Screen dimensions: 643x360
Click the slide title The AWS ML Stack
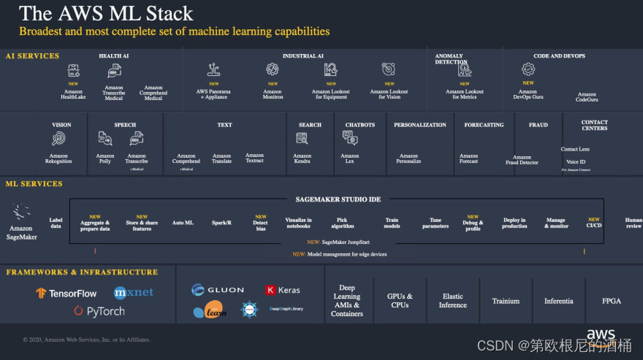pos(106,13)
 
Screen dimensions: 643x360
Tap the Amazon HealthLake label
pos(73,94)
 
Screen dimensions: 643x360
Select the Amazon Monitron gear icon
pos(273,69)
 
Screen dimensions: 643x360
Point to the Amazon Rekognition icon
pos(58,138)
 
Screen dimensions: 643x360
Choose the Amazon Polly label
pos(105,158)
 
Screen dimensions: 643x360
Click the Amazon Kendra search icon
pos(302,138)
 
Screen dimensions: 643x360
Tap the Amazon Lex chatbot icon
pos(350,138)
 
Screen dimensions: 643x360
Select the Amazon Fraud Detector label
pos(522,159)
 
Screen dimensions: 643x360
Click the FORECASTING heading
pos(484,125)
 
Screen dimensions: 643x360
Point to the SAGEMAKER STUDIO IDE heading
pos(338,199)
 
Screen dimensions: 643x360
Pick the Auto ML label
pos(183,223)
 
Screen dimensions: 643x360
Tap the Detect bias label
pos(260,226)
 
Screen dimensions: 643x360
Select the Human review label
pos(634,223)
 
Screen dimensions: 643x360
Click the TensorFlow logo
pos(66,293)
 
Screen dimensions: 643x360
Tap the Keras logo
pos(283,290)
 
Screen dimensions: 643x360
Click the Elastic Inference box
pos(453,301)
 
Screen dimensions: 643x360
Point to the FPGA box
pos(612,301)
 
